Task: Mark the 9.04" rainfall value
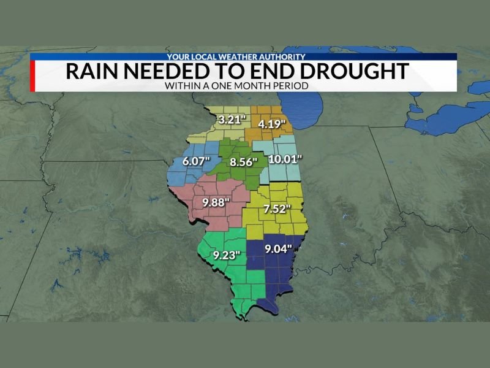(x=277, y=249)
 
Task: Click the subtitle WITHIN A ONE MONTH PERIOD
(x=235, y=86)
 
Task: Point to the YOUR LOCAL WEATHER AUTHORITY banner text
(x=236, y=57)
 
